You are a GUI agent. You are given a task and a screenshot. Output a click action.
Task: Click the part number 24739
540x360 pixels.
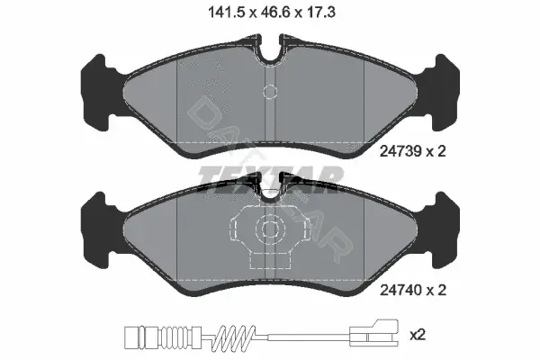coord(400,151)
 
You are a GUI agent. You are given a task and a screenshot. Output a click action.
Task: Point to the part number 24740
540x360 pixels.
coord(400,290)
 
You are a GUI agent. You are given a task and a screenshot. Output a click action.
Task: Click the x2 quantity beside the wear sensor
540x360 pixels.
coord(418,335)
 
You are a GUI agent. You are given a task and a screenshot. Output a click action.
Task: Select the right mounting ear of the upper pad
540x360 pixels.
coord(442,93)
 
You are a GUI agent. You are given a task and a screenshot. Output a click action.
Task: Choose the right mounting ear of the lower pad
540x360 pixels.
coord(442,230)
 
